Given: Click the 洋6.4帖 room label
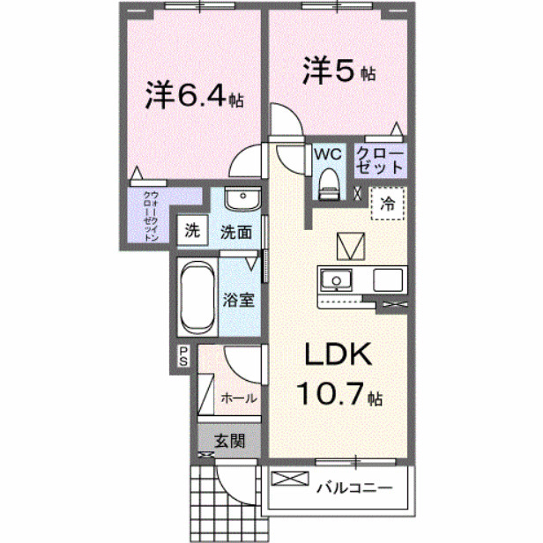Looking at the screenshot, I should (193, 96).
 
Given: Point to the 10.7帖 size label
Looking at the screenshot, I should (339, 394).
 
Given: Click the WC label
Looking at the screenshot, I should (328, 153).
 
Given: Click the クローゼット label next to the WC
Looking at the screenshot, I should (381, 160).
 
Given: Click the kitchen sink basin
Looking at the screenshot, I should (335, 280).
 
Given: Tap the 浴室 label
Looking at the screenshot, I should (239, 299).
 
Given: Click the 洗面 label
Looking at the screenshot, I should (237, 233).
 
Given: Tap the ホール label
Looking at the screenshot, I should (239, 398).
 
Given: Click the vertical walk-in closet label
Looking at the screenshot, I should (151, 216).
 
